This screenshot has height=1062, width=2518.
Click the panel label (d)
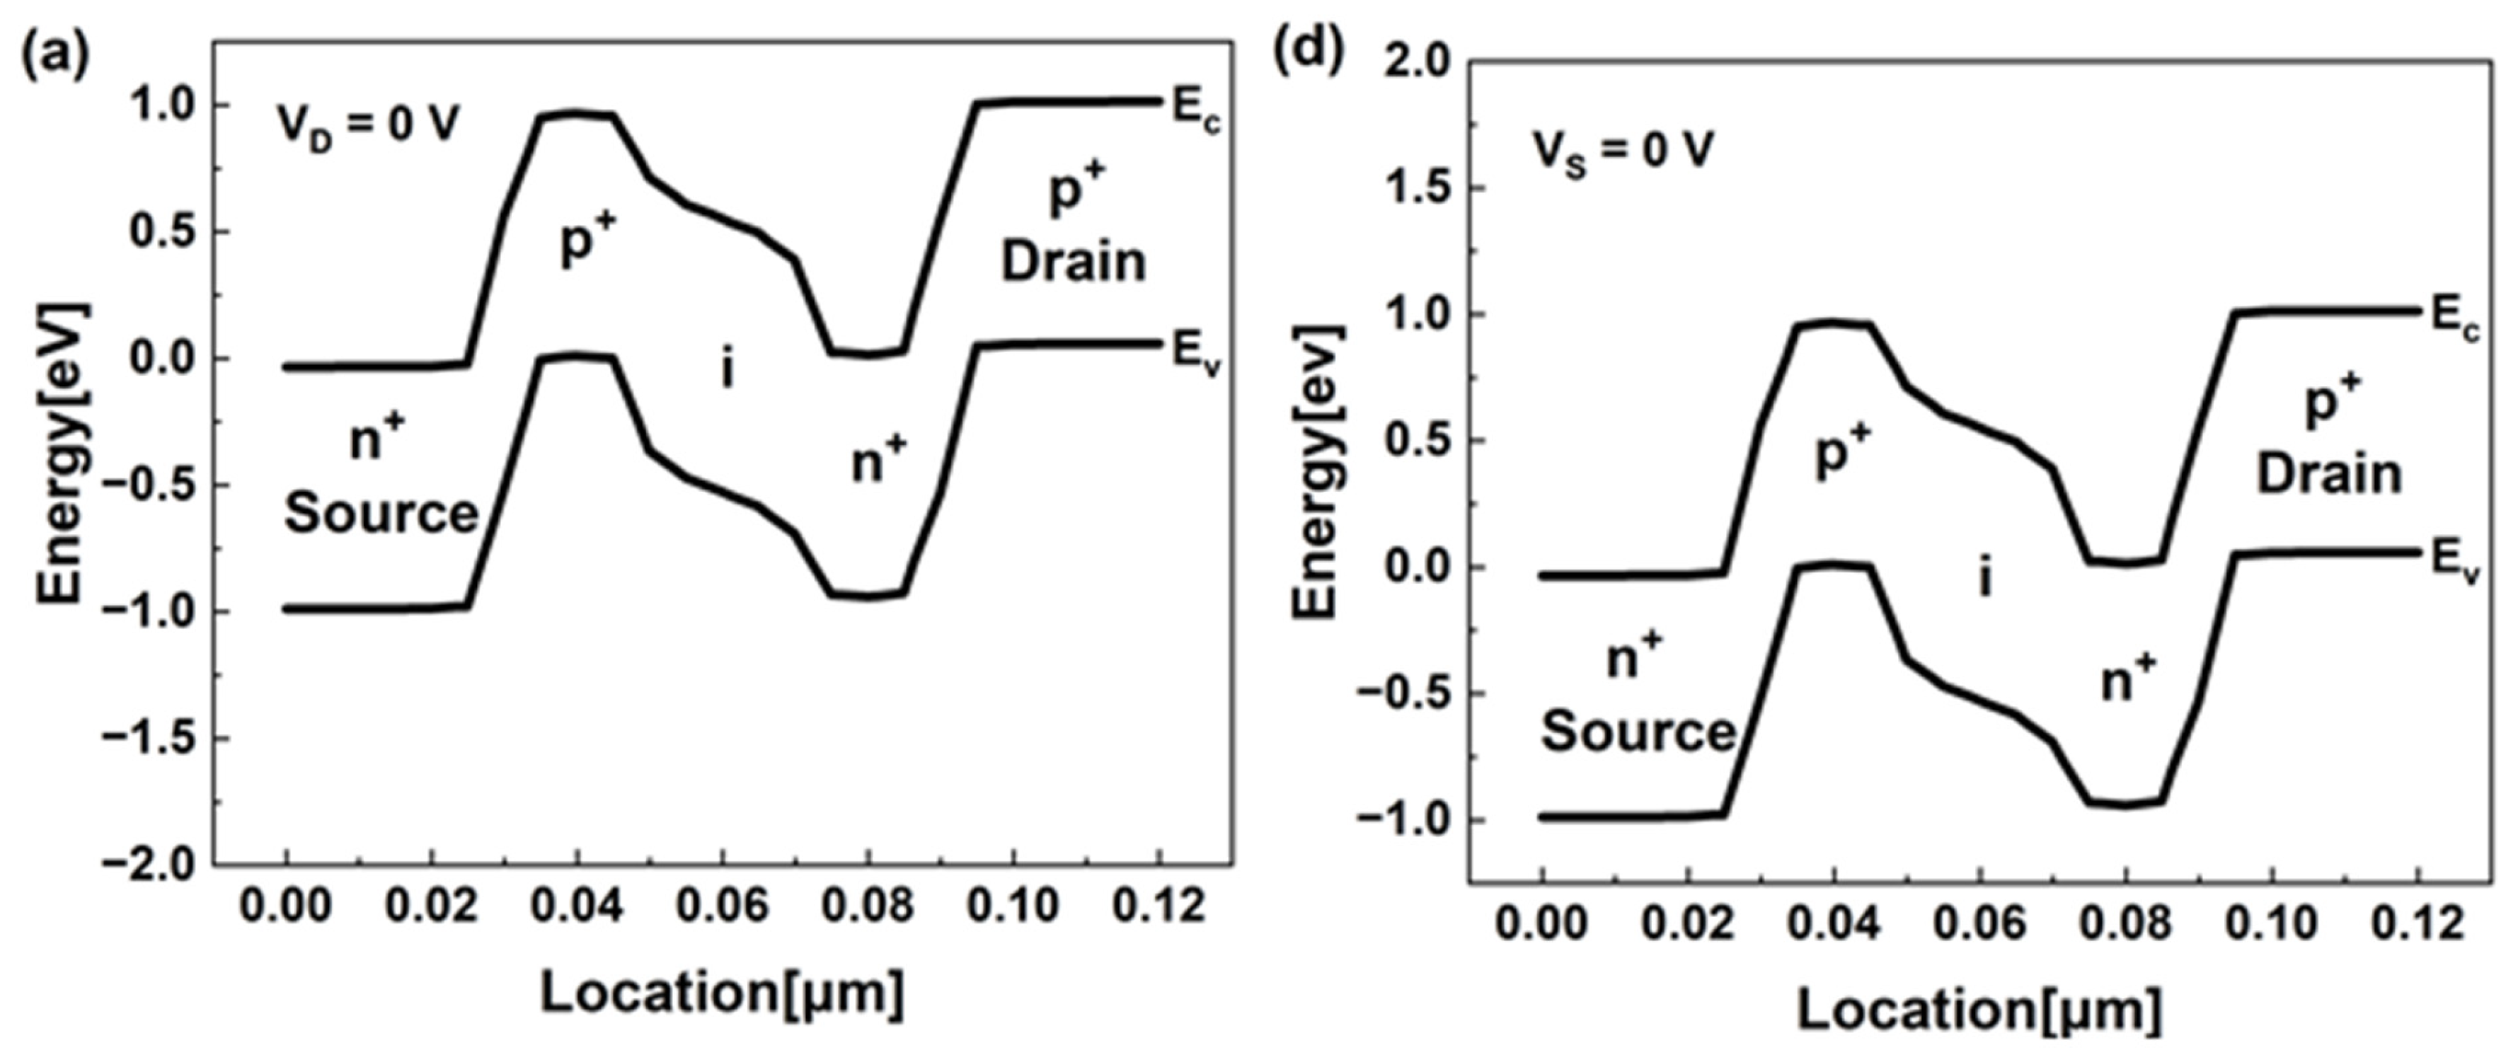click(x=1308, y=51)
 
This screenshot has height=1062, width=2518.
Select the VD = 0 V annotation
click(x=367, y=126)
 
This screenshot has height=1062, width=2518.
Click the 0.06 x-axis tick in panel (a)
click(x=723, y=906)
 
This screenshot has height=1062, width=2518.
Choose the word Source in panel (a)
click(x=381, y=513)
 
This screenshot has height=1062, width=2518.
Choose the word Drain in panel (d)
click(x=2328, y=475)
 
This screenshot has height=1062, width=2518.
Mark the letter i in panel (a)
click(x=726, y=369)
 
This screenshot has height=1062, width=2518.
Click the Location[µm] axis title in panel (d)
click(x=1979, y=1010)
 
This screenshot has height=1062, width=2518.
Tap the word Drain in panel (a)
click(x=1074, y=262)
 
